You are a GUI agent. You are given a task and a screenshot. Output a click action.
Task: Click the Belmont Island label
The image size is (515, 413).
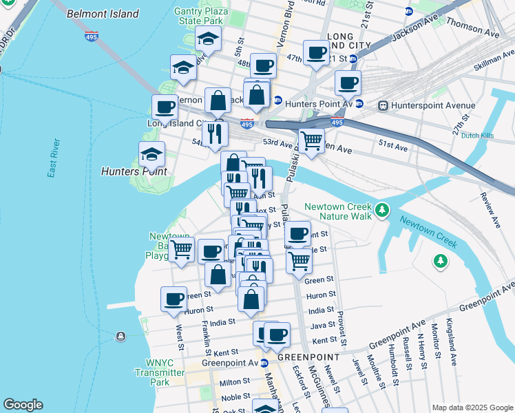pyautogui.click(x=103, y=14)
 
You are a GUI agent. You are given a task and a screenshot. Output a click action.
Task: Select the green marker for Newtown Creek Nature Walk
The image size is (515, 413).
pyautogui.click(x=382, y=211)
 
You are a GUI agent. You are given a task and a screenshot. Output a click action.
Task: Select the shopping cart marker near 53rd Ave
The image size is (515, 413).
pyautogui.click(x=311, y=140)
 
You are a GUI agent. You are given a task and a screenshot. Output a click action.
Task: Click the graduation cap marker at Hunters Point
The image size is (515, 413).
pyautogui.click(x=151, y=154)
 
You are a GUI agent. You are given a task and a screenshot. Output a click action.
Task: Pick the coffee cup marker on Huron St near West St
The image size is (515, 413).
pyautogui.click(x=174, y=299)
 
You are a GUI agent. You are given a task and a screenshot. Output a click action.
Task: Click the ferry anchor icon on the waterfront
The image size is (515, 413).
pyautogui.click(x=120, y=336)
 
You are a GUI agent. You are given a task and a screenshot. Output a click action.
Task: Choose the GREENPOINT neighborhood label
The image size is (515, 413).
pyautogui.click(x=308, y=357)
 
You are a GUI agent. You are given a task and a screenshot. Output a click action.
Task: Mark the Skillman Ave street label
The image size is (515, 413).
pyautogui.click(x=494, y=62)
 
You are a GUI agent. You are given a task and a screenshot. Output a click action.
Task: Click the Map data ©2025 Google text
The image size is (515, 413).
pyautogui.click(x=472, y=407)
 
